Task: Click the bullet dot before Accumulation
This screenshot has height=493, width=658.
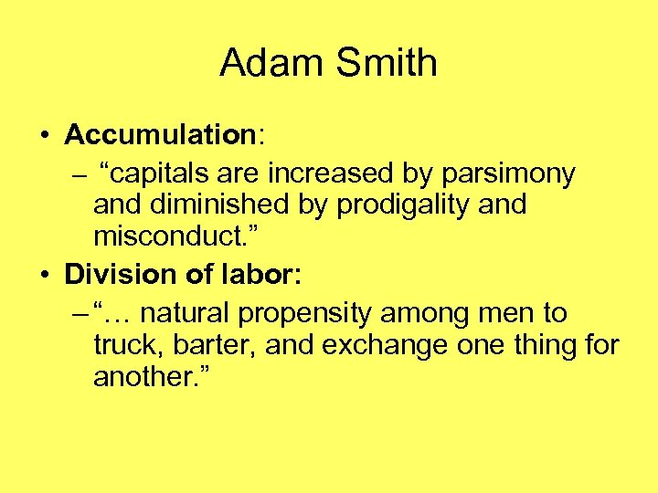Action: point(44,136)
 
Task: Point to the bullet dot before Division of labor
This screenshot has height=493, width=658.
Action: point(44,275)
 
